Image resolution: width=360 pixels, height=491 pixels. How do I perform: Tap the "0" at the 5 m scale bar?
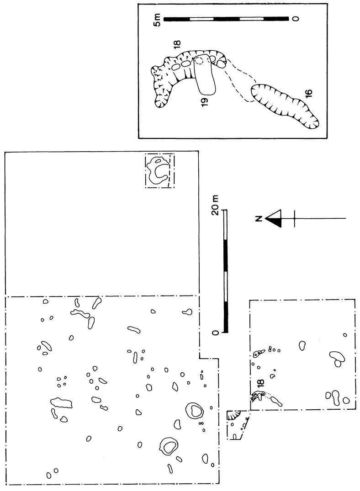296,19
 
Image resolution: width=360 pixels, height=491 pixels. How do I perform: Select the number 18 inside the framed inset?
177,44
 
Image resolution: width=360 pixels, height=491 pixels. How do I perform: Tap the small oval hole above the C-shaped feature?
159,161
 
